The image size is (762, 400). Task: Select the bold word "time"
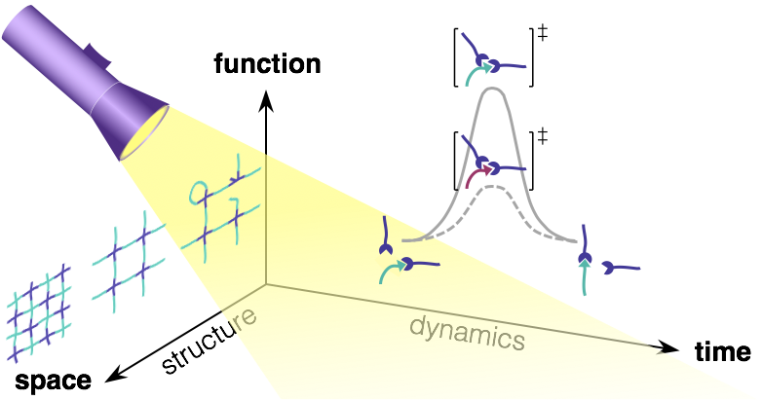[x=722, y=352]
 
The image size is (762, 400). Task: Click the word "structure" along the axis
[x=210, y=341]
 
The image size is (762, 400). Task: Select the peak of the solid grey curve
[x=493, y=90]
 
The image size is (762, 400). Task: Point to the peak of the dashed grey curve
[x=495, y=186]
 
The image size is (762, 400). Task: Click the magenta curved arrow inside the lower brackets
[x=476, y=174]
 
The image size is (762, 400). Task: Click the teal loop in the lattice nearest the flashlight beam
[x=201, y=190]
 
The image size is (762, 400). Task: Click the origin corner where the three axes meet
[x=267, y=285]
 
